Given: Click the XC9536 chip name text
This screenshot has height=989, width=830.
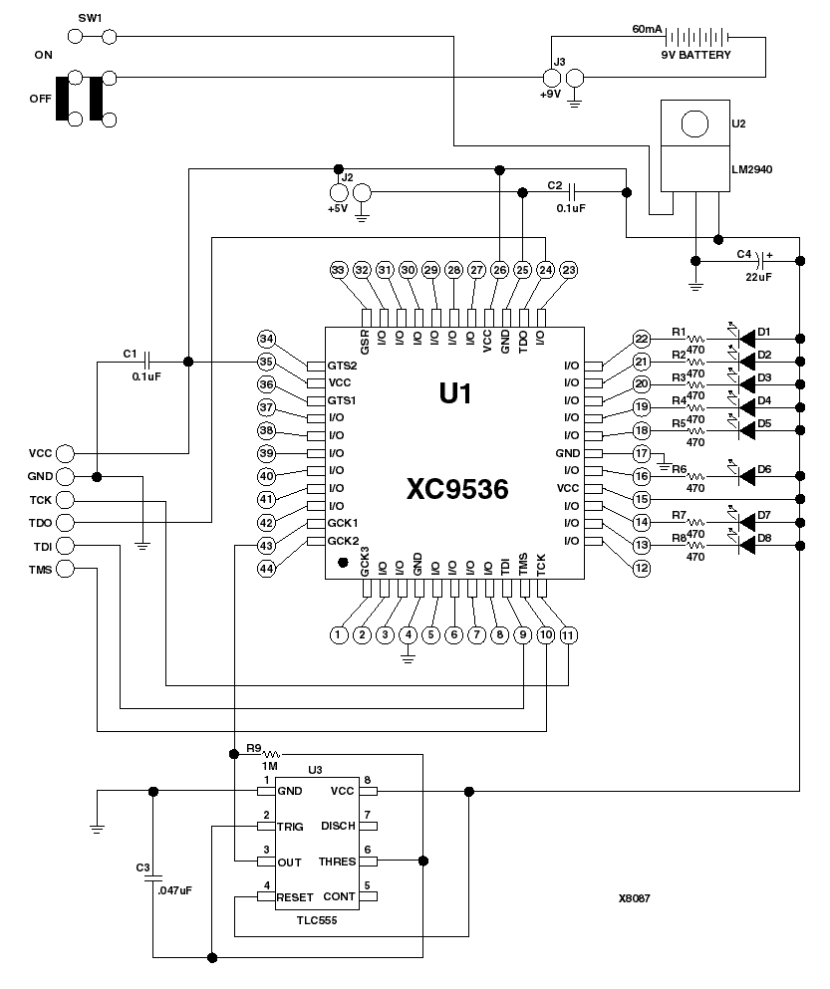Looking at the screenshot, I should point(457,489).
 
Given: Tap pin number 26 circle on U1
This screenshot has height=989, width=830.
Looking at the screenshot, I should point(498,270).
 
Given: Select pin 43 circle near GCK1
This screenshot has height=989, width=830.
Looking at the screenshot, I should point(266,545).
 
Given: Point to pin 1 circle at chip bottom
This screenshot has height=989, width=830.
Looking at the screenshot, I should point(339,633).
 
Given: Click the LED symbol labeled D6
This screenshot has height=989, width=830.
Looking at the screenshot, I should point(737,475).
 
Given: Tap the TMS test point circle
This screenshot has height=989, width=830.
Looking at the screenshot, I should point(67,569).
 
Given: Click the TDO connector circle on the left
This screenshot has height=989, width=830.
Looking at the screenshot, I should point(67,522).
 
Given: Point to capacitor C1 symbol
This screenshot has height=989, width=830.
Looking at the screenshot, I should point(147,362).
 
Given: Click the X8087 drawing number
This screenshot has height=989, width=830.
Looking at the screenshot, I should point(634,897).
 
